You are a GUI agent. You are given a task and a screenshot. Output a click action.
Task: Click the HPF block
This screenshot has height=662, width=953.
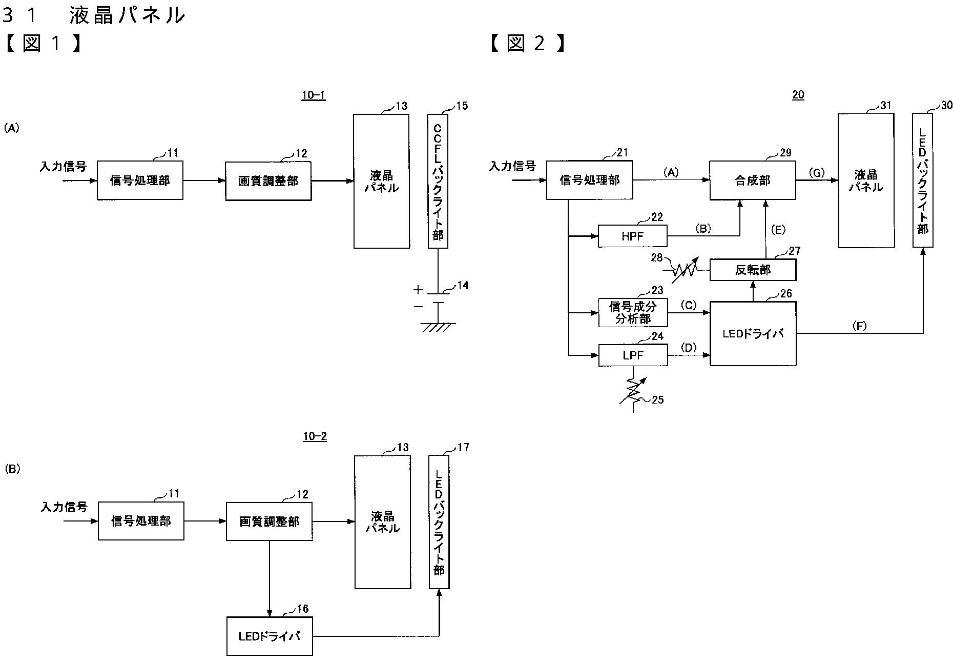point(633,236)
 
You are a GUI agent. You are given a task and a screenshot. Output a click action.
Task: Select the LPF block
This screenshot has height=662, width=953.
point(633,355)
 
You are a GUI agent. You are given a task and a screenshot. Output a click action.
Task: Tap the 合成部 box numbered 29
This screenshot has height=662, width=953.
point(752,180)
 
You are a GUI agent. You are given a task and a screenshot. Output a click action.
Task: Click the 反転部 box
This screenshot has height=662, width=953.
point(752,270)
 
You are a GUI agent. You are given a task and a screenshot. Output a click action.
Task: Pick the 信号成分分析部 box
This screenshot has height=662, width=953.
point(633,312)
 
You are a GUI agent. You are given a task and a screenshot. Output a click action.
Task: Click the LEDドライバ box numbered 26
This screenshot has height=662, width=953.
point(753,333)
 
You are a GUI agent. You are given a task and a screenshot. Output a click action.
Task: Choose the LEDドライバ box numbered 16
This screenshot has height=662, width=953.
point(270,636)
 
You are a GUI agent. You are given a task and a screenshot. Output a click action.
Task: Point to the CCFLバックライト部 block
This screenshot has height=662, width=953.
point(438,181)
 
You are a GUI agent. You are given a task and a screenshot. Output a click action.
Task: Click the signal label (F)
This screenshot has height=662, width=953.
point(859,326)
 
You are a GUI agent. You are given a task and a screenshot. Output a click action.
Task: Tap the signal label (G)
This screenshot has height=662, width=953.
point(816,173)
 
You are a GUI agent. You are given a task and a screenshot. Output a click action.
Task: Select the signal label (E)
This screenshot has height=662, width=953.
point(778,230)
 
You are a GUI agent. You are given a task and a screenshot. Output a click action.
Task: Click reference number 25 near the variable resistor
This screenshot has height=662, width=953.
point(657,399)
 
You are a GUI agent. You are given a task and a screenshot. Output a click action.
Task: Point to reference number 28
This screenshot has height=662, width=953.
point(657,257)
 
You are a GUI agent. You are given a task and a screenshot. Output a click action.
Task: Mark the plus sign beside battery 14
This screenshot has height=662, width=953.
point(418,290)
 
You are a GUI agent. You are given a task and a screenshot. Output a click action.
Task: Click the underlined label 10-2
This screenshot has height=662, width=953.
point(315,436)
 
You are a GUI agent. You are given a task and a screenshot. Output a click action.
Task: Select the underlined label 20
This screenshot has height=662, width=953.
point(798,95)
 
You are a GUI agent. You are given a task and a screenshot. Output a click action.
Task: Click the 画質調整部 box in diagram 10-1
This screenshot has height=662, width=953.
point(268,180)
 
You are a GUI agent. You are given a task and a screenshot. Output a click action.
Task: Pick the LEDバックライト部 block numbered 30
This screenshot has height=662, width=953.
point(922,180)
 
